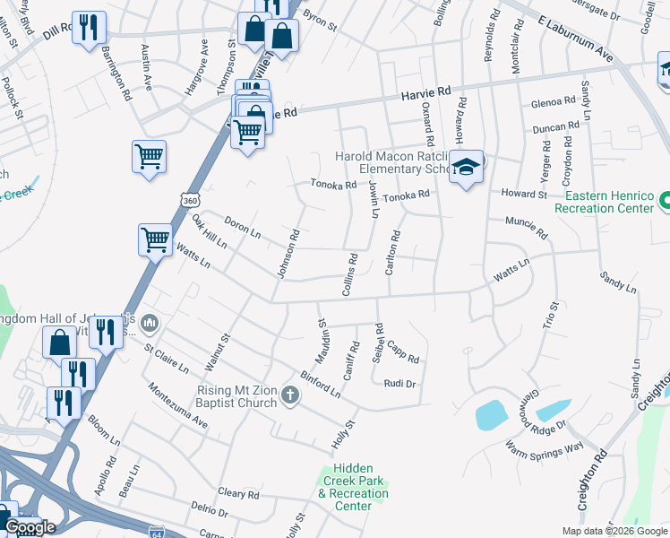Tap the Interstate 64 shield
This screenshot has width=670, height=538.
pyautogui.click(x=157, y=532)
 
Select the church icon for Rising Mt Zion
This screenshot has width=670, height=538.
pyautogui.click(x=289, y=395)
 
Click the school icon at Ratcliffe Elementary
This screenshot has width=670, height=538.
pyautogui.click(x=466, y=168)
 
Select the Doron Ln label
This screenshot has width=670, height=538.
pyautogui.click(x=242, y=228)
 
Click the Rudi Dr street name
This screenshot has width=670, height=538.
pyautogui.click(x=399, y=384)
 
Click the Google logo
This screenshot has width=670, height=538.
pyautogui.click(x=30, y=527)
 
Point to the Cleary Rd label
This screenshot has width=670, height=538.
pyautogui.click(x=238, y=494)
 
